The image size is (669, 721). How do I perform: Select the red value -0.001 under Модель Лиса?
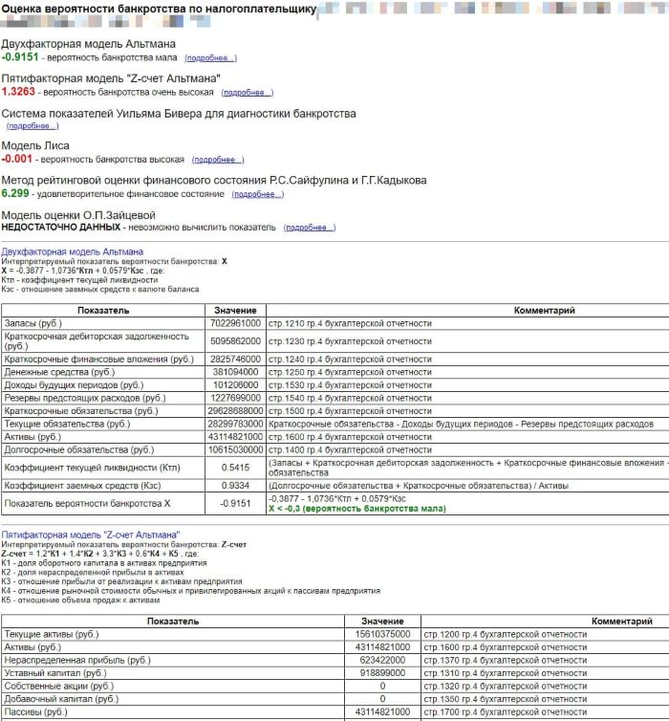coord(17,159)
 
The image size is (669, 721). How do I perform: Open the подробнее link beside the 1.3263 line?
coord(247,93)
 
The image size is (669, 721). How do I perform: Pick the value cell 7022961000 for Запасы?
coord(235,324)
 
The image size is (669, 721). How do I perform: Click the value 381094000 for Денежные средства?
coord(235,370)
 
